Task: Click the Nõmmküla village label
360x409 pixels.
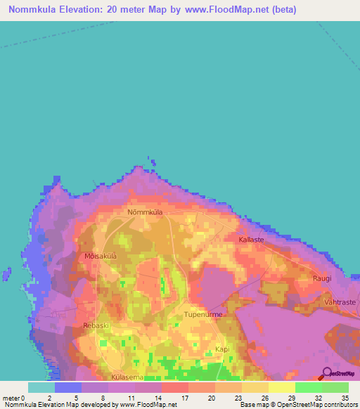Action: (146, 212)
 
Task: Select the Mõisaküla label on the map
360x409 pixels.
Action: (100, 257)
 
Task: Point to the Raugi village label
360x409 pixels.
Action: (321, 278)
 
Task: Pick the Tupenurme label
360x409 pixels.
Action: (203, 314)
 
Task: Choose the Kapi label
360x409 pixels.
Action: (222, 349)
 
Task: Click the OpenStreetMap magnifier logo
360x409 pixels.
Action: (326, 373)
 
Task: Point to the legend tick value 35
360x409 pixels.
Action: (344, 397)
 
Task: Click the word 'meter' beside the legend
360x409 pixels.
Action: (11, 397)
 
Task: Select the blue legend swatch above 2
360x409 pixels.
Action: (68, 387)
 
